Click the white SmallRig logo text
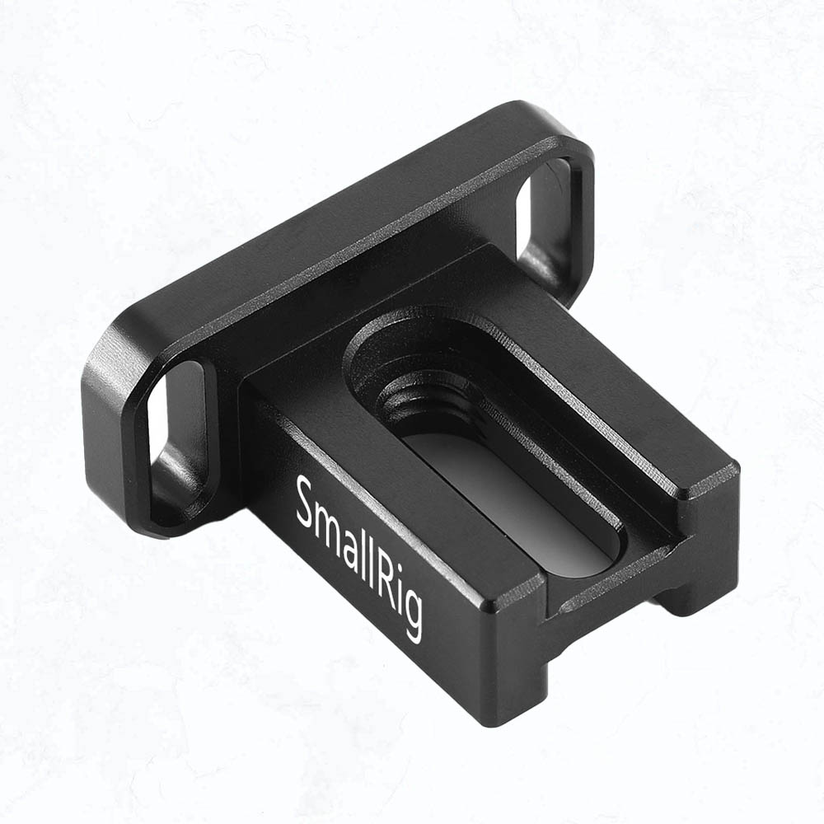point(359,557)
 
